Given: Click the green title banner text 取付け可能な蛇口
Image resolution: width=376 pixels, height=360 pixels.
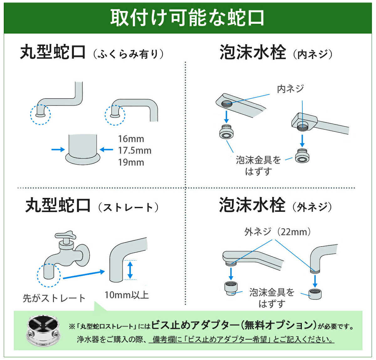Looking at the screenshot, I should [x=187, y=18].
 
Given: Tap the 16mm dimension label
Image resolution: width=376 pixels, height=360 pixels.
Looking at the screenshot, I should [x=131, y=139].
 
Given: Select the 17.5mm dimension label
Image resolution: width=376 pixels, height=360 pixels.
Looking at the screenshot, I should [x=135, y=151].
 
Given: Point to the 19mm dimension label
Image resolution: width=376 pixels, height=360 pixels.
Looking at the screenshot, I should [x=131, y=162].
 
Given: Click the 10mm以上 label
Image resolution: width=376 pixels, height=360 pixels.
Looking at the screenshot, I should [x=127, y=295].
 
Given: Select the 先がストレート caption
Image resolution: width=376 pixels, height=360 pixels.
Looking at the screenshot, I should [x=54, y=298].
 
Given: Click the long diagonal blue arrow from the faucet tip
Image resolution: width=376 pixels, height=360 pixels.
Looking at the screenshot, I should [x=83, y=275].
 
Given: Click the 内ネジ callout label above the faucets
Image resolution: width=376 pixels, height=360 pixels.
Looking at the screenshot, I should [x=290, y=89].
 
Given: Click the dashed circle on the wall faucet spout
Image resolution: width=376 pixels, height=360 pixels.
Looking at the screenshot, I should [x=49, y=275].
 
